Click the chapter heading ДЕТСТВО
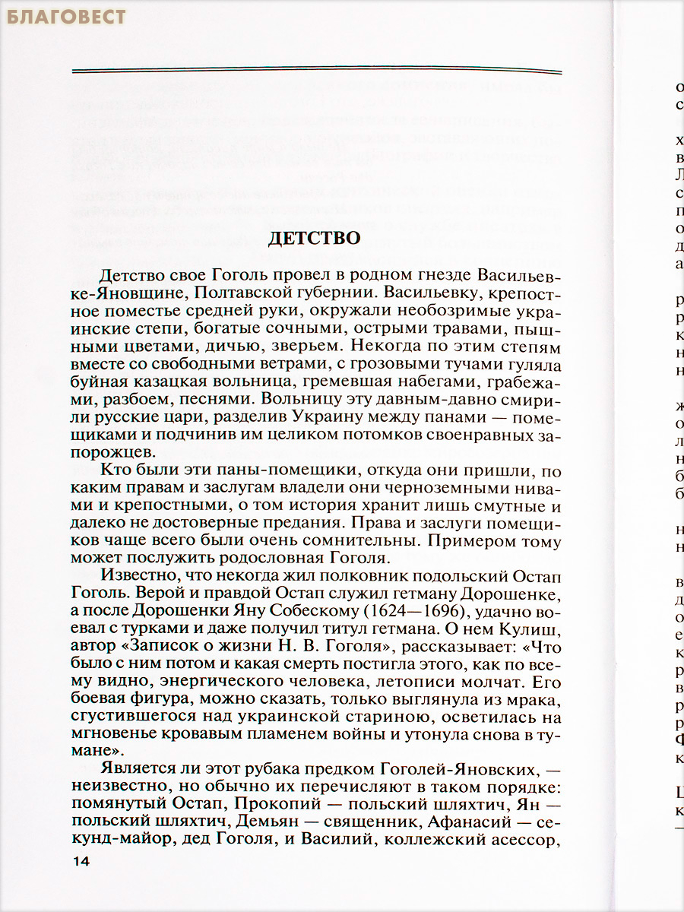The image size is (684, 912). [314, 238]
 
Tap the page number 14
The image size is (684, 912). [81, 861]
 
